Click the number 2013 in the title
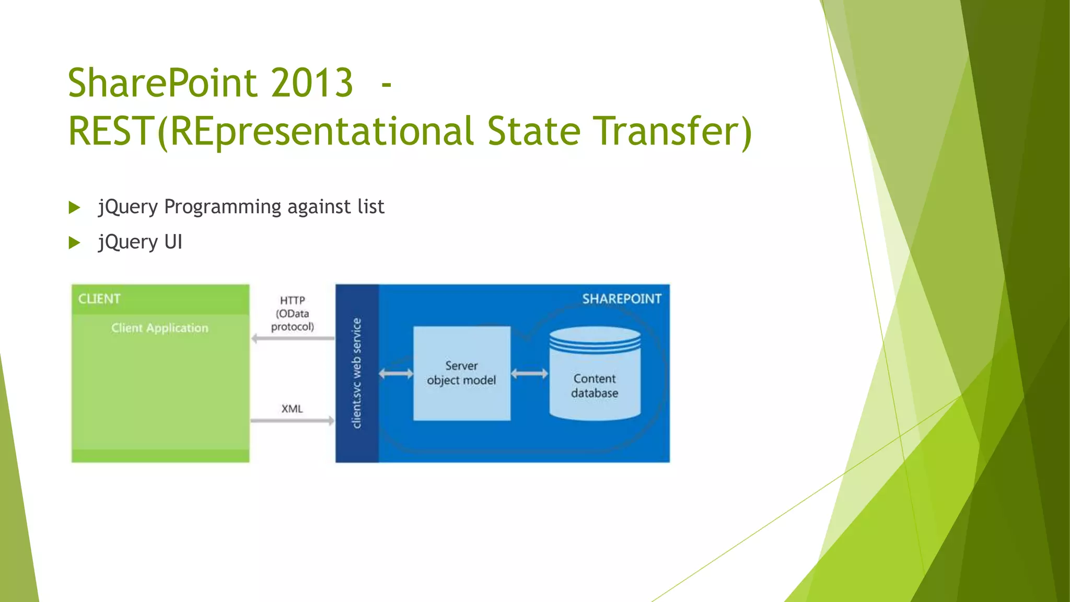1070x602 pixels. tap(312, 83)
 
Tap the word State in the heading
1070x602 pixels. tap(533, 131)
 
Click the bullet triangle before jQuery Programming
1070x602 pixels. tap(74, 207)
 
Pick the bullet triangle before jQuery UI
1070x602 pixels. tap(74, 242)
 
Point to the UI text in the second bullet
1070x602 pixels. tap(173, 242)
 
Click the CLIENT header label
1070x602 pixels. tap(99, 299)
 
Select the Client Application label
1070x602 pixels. tap(159, 328)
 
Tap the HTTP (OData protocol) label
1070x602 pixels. tap(292, 314)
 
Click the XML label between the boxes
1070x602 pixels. tap(292, 409)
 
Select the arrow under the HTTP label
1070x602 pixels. tap(292, 339)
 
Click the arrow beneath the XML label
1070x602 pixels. tap(292, 421)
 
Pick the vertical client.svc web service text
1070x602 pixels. tap(357, 373)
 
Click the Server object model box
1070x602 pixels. tap(461, 373)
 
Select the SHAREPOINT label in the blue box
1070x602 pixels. tap(621, 299)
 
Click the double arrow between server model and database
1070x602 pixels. tap(529, 374)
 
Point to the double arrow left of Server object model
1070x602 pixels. tap(396, 374)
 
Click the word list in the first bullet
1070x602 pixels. tap(371, 207)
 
